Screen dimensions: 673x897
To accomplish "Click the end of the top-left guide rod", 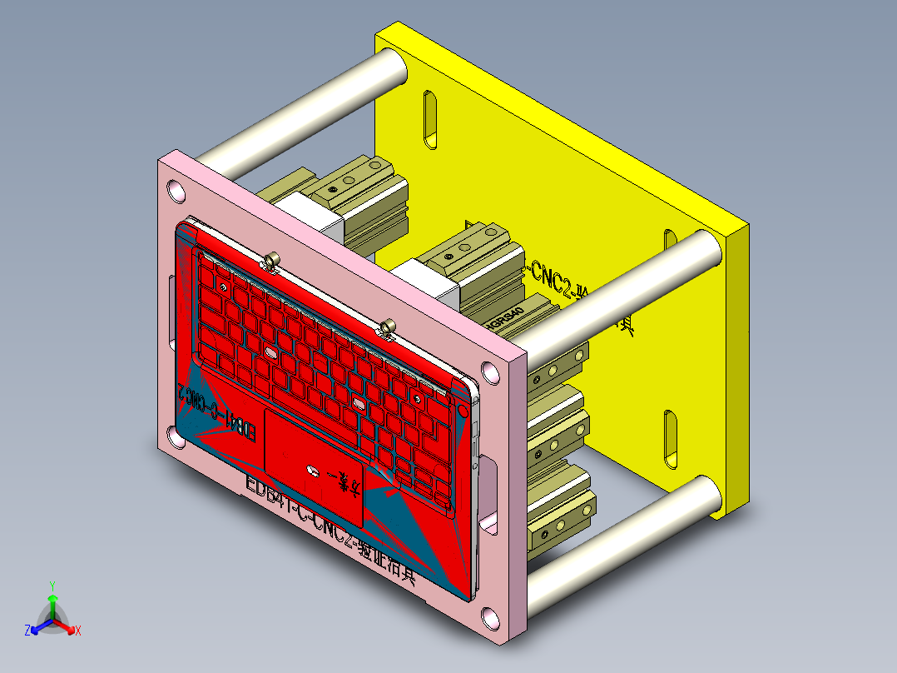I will (x=391, y=67).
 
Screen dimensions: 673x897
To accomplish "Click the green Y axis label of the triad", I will (x=52, y=586).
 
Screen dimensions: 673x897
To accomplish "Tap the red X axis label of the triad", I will (x=77, y=631).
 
